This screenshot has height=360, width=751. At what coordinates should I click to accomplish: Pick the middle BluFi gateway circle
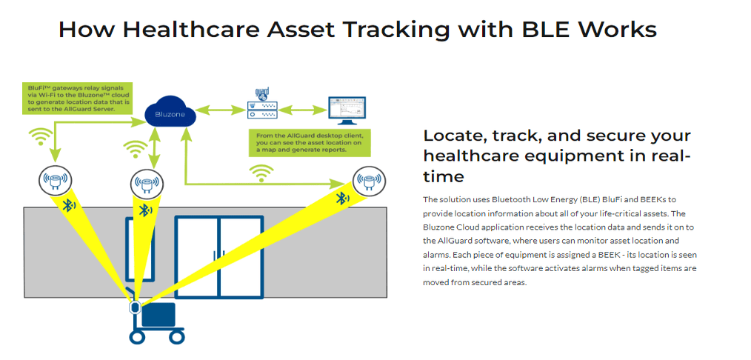coord(147,182)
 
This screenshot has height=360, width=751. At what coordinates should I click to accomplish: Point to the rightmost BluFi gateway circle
coord(368,181)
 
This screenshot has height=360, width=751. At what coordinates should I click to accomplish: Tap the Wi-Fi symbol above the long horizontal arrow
coord(260,173)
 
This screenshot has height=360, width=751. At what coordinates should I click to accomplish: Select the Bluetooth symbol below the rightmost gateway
coord(342,199)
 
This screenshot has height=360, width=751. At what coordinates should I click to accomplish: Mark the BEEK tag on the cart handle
coord(135,307)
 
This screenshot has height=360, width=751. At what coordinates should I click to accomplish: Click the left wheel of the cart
coord(136,337)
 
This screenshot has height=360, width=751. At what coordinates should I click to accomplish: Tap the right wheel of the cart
coord(177,337)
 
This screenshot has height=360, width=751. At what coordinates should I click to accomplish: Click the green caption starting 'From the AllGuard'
coord(310,143)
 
